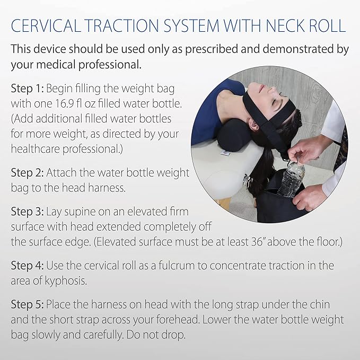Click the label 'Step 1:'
(x=28, y=87)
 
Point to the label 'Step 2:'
(x=28, y=173)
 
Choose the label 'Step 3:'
(x=28, y=212)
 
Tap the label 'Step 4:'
(x=28, y=266)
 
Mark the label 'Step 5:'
(x=28, y=305)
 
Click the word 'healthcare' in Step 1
(x=38, y=149)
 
